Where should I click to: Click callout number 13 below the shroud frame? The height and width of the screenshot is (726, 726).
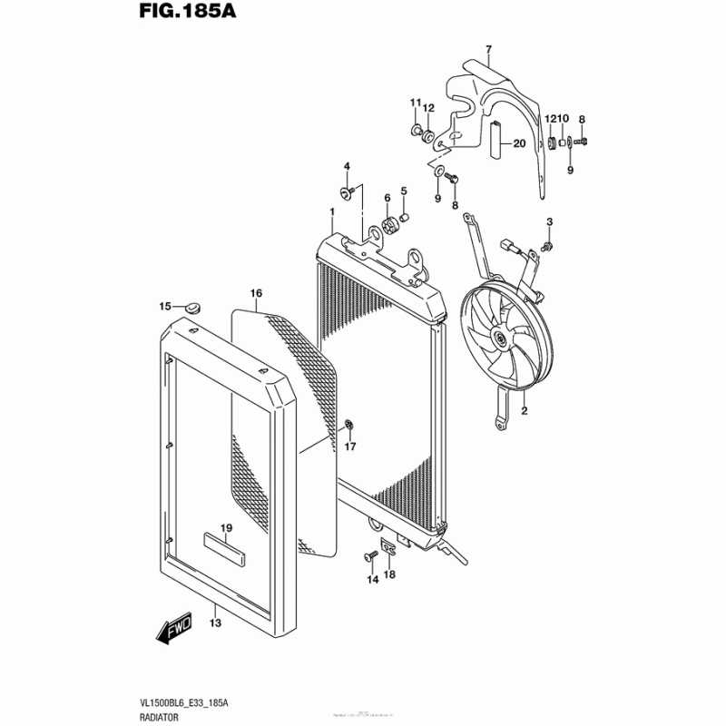[x=215, y=623]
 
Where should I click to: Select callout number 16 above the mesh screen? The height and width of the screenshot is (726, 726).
[x=256, y=293]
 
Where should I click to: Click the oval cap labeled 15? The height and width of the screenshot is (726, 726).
[x=191, y=309]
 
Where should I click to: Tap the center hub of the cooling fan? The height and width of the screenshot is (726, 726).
[x=499, y=340]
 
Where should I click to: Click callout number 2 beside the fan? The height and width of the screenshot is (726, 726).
[x=524, y=412]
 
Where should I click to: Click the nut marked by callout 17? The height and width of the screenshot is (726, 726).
[x=350, y=425]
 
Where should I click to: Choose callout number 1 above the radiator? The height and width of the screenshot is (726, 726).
[x=332, y=212]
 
